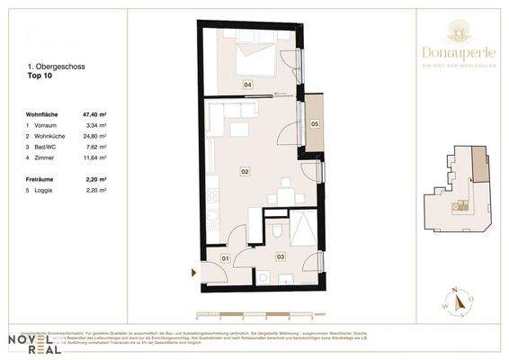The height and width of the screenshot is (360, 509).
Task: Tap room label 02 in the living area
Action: click(244, 170)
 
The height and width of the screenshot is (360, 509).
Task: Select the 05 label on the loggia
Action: click(315, 123)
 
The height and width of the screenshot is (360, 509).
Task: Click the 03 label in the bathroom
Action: click(280, 256)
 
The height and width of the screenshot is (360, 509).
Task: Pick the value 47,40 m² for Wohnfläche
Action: click(94, 115)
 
